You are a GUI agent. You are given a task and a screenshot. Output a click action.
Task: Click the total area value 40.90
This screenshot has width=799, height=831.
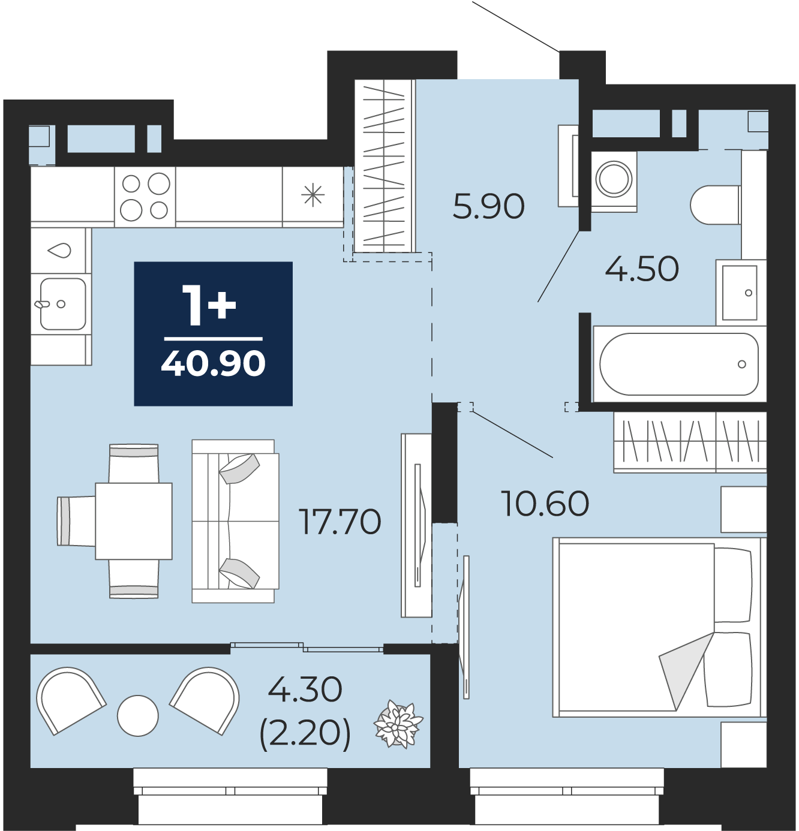pos(213,363)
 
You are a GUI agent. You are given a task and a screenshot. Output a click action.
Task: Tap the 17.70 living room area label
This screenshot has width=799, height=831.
pos(340,522)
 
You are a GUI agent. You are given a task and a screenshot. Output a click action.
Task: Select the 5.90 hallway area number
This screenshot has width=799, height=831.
pos(488,207)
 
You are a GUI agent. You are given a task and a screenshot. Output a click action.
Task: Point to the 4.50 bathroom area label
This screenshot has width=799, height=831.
pos(642,269)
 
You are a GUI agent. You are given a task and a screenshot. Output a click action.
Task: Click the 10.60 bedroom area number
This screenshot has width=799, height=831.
pos(546,504)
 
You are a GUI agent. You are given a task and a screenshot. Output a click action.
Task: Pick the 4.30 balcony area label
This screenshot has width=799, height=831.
pos(305,690)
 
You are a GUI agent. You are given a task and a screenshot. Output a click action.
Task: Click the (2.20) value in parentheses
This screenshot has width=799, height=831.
pos(305,733)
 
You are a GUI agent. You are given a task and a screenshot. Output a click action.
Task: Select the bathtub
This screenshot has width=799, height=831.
pos(680,365)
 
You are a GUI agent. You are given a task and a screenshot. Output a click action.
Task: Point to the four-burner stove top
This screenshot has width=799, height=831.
pos(145,197)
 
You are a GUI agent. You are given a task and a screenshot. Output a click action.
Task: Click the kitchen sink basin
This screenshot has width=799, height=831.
pos(63,304)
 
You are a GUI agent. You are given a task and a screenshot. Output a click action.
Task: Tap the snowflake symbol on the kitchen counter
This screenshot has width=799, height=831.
pos(313,195)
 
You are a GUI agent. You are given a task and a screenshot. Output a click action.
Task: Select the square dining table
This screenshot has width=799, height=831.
pos(134,521)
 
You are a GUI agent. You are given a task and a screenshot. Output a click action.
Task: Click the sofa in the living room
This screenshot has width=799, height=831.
pos(235,521)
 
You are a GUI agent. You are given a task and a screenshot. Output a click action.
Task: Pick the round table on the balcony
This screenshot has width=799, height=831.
pos(138,716)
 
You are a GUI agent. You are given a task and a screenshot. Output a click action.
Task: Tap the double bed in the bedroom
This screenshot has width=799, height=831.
pos(658,627)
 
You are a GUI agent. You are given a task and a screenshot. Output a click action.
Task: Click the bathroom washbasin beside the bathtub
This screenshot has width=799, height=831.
pos(740,293)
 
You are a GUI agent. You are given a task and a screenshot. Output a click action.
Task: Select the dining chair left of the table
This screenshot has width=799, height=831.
pos(76,521)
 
